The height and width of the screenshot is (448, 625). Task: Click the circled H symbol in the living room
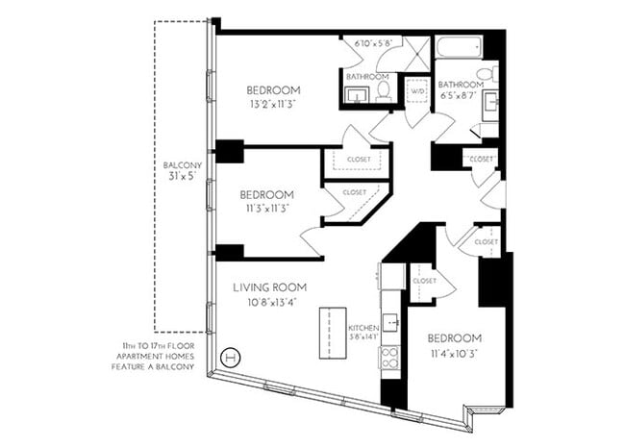click(230, 357)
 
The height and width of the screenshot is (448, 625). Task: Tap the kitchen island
click(332, 332)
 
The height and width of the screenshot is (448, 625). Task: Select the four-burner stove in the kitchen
click(391, 358)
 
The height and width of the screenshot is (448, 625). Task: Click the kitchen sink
click(390, 319)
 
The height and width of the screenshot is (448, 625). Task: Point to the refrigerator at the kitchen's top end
click(391, 276)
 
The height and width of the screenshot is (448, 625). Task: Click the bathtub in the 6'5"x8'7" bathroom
click(458, 46)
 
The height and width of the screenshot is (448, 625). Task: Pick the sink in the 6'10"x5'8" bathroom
click(356, 93)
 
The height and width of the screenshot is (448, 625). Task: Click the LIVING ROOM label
click(269, 286)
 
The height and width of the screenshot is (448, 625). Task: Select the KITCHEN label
click(362, 328)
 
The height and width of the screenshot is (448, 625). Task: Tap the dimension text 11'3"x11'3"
click(266, 207)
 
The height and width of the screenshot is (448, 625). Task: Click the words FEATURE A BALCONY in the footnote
click(158, 366)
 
